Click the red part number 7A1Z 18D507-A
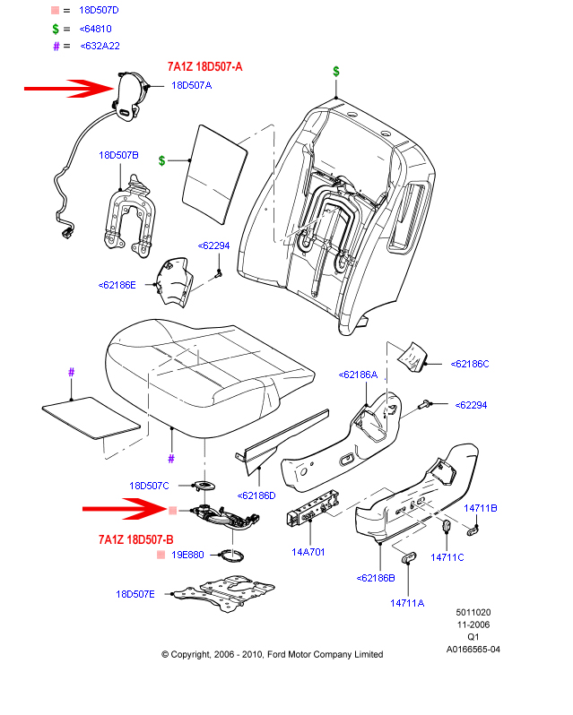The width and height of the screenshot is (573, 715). tap(205, 67)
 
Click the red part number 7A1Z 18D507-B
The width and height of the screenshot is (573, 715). tap(135, 539)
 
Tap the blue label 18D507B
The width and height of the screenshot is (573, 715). tap(118, 155)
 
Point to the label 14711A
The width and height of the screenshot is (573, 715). tap(406, 603)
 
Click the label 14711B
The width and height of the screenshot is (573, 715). tap(480, 508)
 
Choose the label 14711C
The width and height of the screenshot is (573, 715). tap(447, 557)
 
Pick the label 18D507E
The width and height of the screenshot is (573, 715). tap(135, 594)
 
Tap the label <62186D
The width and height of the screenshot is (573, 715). tap(256, 495)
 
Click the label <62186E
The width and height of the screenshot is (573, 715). tap(117, 285)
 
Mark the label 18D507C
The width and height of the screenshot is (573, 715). tap(149, 486)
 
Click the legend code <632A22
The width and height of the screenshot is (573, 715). tap(100, 46)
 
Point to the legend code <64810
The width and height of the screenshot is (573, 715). tap(94, 28)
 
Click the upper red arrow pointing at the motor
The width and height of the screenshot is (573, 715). tap(63, 88)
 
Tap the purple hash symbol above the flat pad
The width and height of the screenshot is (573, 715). tap(72, 372)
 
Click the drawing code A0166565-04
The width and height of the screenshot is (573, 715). tap(473, 650)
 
